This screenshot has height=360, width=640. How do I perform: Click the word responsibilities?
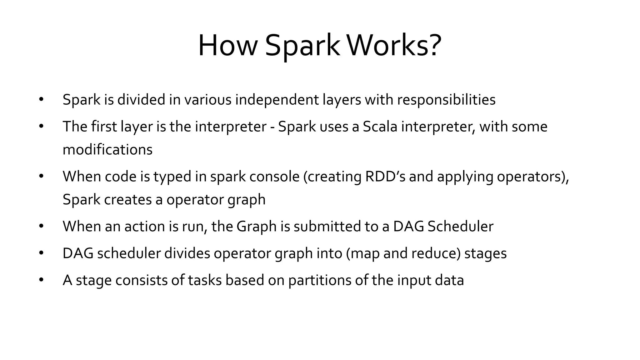pos(446,100)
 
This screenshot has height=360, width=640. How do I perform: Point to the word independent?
pos(277,100)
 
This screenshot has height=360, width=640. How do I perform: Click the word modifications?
pos(107,150)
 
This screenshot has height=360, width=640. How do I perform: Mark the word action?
pos(145,227)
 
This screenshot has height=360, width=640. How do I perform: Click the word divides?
pos(187,253)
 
